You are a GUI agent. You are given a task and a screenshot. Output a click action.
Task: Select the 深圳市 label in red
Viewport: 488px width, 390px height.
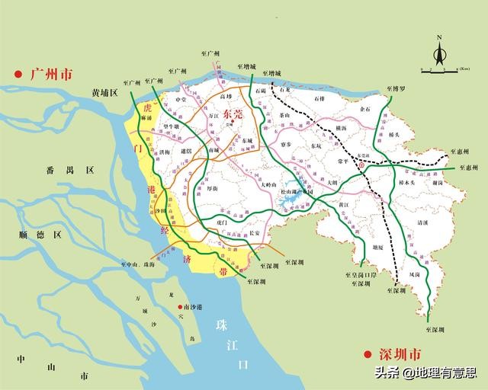(x=394, y=355)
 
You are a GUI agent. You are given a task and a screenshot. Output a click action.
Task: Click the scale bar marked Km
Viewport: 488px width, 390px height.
(x=439, y=70)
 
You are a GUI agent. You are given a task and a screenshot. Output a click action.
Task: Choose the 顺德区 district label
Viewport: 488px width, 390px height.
(x=47, y=235)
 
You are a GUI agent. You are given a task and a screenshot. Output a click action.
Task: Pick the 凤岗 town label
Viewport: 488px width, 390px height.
(x=414, y=272)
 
